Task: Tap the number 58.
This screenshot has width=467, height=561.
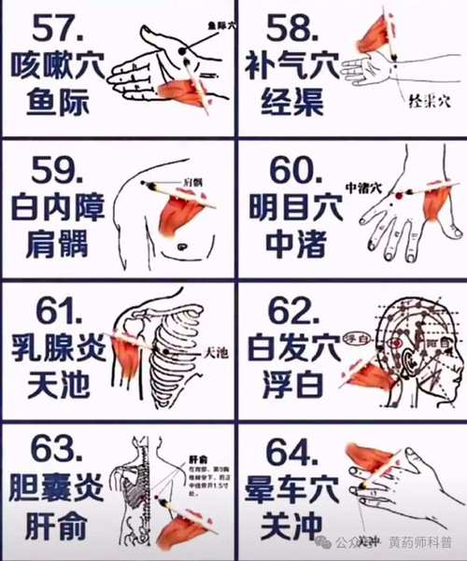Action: pos(292,29)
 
